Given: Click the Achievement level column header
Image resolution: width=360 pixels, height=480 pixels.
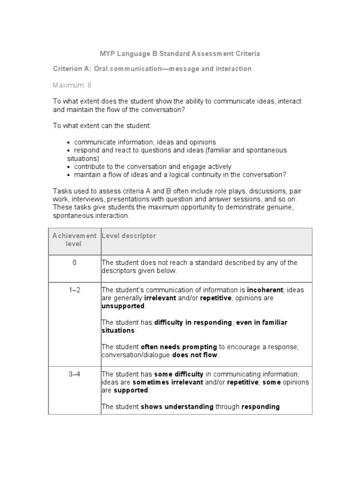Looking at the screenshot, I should pos(74,240).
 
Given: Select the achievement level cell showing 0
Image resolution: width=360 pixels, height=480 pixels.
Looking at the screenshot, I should pos(74,262).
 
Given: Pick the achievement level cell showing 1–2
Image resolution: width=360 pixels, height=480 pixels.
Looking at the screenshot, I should pos(74,290).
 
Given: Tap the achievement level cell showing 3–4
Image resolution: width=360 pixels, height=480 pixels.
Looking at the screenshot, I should pos(74,374).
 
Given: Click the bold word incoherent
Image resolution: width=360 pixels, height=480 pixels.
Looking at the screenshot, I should pos(265,290).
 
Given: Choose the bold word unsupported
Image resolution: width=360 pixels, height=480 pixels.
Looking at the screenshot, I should pos(123,306).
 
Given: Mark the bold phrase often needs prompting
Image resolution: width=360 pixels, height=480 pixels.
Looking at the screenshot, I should pos(179,347).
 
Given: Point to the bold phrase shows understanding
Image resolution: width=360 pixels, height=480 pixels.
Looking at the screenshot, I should pos(177,406).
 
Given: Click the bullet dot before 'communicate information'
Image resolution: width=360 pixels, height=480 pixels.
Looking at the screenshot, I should pos(69,142).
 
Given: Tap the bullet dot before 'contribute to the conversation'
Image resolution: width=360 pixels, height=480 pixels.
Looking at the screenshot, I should pos(69,167).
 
